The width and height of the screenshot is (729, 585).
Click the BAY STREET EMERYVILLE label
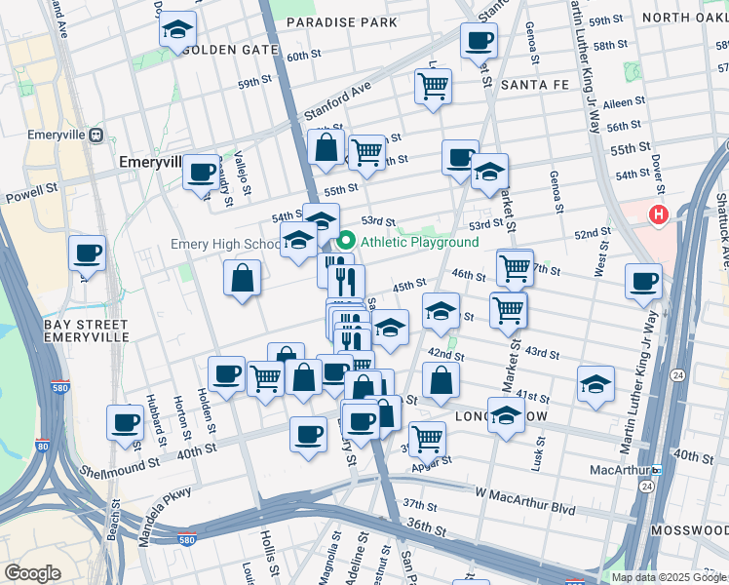point(87,330)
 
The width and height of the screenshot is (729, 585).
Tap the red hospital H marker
point(660,214)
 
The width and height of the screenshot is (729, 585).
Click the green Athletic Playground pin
point(345,241)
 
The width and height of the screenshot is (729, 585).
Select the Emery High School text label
point(224,244)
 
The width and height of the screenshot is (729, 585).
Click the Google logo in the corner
point(32,573)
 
